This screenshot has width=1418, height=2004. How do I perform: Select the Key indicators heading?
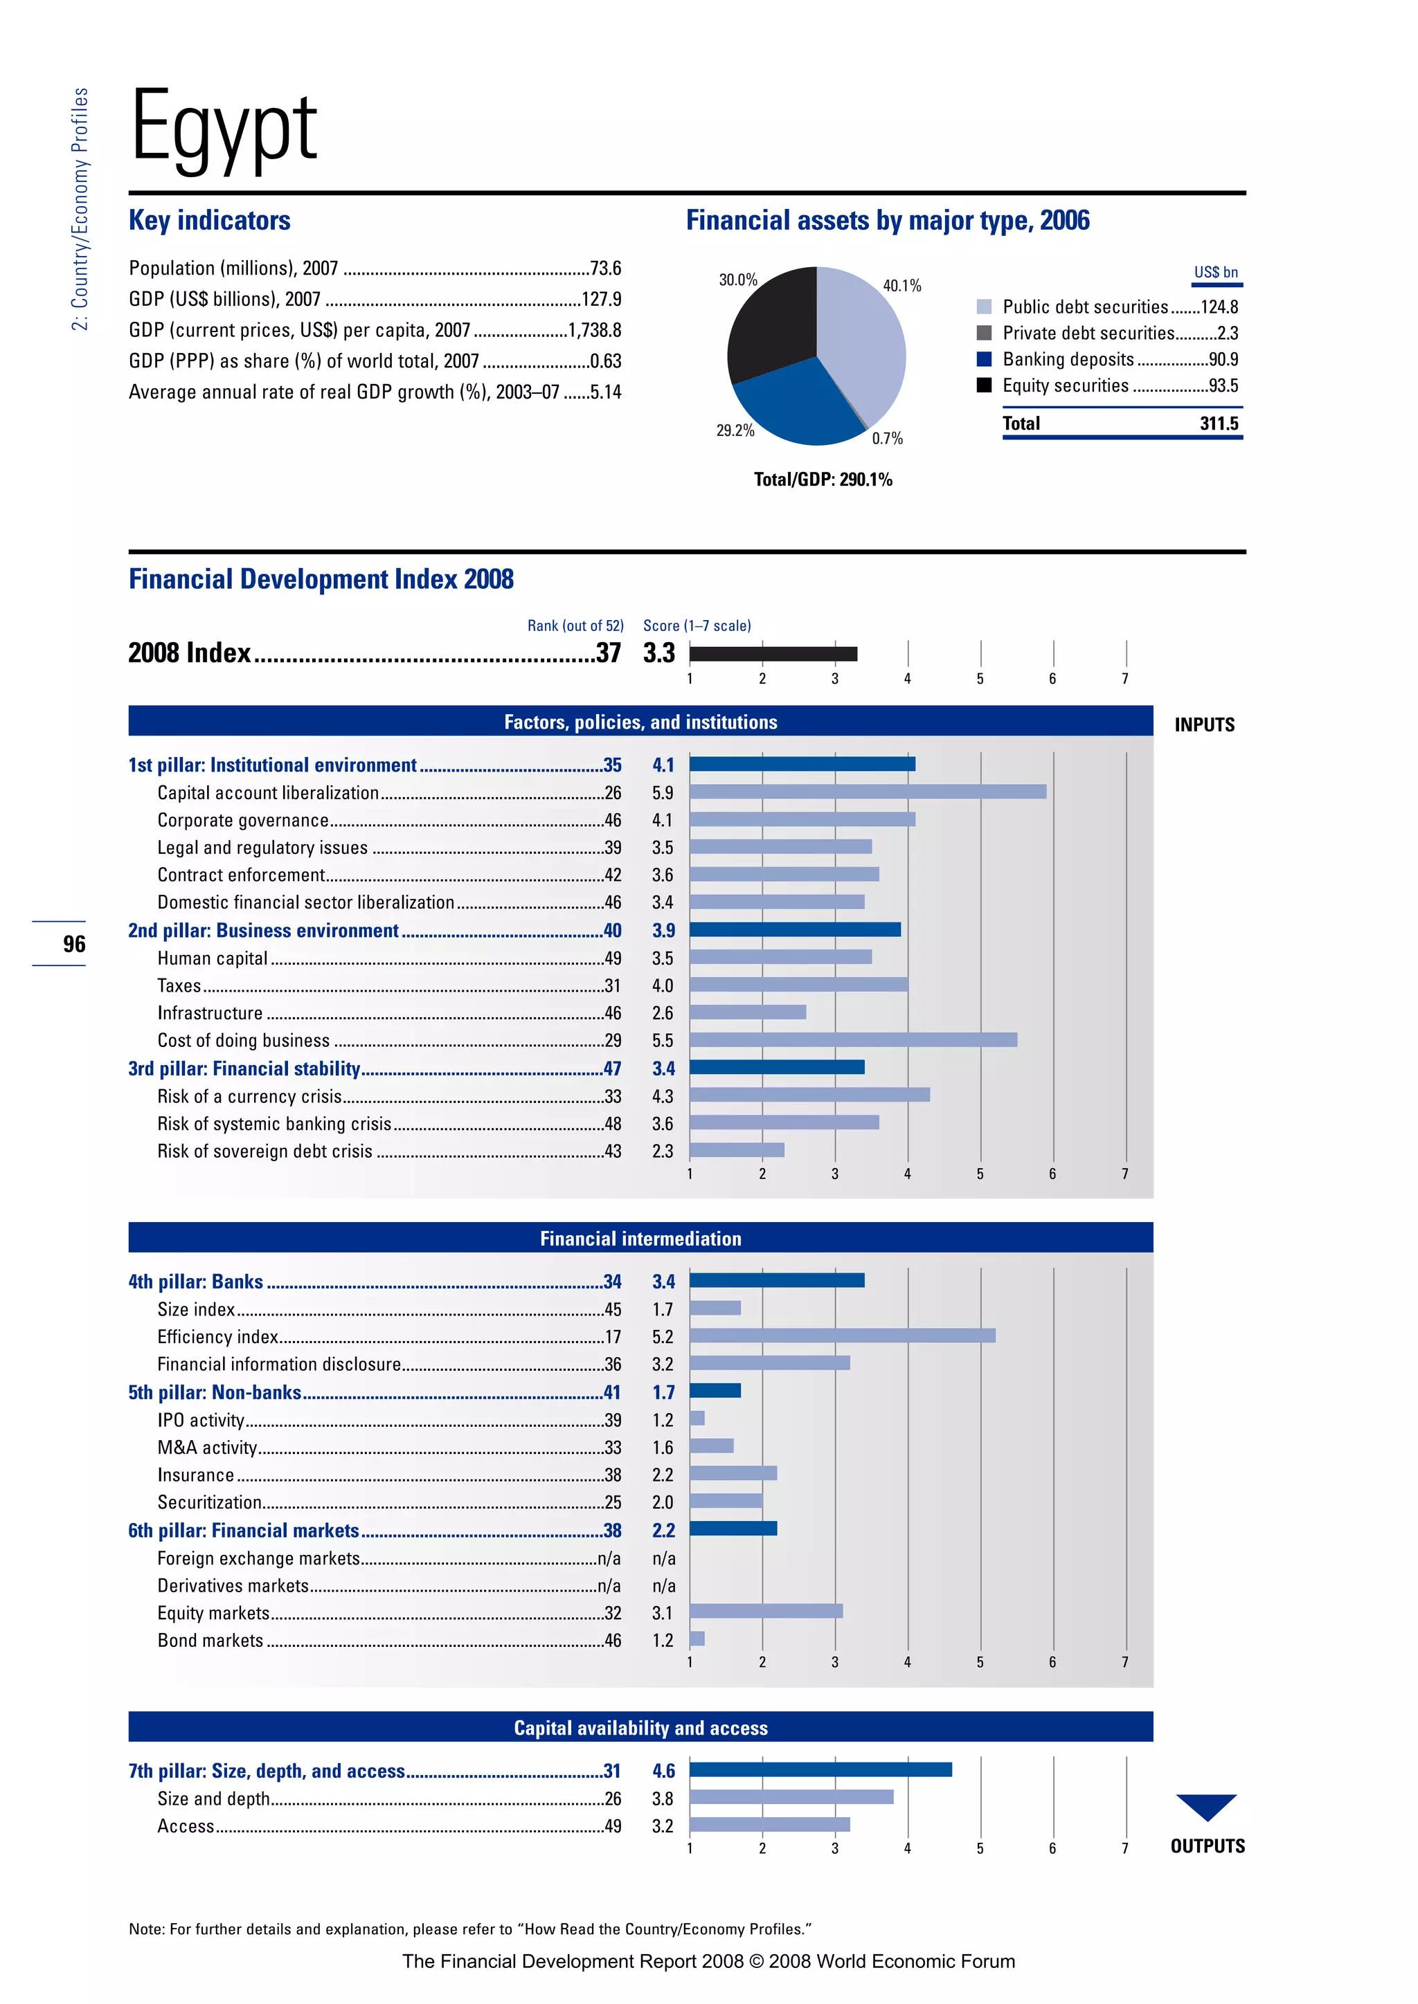pos(210,221)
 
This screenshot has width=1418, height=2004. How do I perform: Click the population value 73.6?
pos(605,268)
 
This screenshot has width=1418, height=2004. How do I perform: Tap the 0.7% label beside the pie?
pos(887,438)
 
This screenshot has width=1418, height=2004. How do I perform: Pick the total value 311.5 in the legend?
pos(1219,423)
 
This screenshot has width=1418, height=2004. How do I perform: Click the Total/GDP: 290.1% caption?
pos(823,479)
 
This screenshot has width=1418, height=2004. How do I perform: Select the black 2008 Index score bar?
pos(773,654)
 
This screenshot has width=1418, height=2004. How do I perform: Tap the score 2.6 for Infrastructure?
pos(663,1012)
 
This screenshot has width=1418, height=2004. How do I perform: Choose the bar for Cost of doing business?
pos(853,1039)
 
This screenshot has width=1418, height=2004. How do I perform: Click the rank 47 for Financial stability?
pos(612,1068)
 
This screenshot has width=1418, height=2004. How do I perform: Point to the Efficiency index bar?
pos(842,1336)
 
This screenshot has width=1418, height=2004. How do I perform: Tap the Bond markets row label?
pos(210,1640)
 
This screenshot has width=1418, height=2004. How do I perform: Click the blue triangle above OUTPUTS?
pos(1206,1804)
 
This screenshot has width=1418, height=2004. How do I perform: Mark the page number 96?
pos(74,943)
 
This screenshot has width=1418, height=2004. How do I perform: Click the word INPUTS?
pos(1204,725)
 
